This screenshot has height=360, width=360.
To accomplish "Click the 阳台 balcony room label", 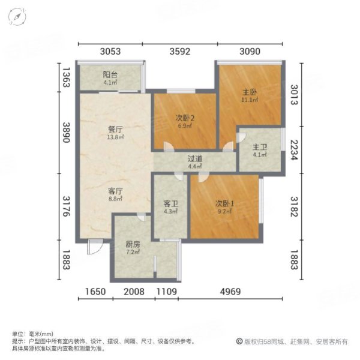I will (x=109, y=76).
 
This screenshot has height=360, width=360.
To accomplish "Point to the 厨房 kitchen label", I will (x=133, y=245).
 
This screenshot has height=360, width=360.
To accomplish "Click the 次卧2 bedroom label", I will (x=184, y=118).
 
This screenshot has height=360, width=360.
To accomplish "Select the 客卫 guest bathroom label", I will (x=171, y=204).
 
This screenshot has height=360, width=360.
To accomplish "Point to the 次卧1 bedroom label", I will (x=225, y=204).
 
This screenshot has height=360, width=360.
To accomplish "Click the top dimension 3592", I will (x=179, y=52).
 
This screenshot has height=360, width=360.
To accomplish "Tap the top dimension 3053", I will (x=110, y=52).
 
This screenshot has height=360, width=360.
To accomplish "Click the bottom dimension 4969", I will (x=230, y=292).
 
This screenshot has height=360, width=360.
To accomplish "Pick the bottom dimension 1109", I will (x=167, y=292).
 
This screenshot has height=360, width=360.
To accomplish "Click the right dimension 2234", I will (x=294, y=150).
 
